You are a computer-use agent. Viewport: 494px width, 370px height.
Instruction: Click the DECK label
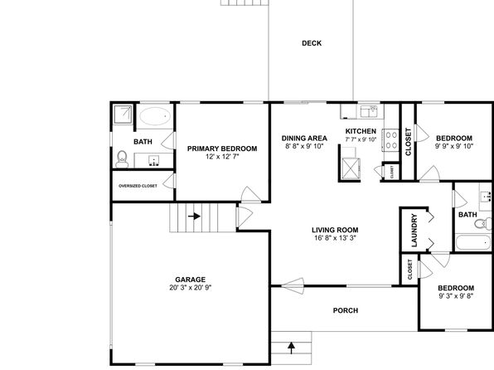[x=312, y=43]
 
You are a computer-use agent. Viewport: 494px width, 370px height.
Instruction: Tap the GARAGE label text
[x=191, y=280]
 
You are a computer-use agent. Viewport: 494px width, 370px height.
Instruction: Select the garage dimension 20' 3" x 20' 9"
[x=191, y=287]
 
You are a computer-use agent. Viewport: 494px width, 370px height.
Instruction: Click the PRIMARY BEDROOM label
[x=222, y=148]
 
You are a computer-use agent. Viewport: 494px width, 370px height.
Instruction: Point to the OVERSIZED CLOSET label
[x=138, y=186]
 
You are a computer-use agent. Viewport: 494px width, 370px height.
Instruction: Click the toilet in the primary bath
[x=122, y=159]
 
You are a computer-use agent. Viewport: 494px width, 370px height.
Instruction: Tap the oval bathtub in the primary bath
[x=155, y=116]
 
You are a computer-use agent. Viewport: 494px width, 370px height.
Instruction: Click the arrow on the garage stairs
[x=195, y=216]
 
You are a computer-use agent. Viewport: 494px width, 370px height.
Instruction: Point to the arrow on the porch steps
[x=292, y=348]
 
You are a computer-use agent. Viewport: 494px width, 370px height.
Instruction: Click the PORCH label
[x=346, y=310]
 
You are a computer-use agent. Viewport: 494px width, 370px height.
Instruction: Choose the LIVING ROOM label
[x=335, y=230]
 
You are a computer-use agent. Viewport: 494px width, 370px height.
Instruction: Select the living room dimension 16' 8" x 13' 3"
[x=335, y=238]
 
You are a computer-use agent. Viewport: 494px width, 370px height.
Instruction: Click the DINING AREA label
[x=304, y=139]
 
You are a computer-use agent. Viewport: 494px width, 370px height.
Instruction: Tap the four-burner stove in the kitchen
[x=391, y=140]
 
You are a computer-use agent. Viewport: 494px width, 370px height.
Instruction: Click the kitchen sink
[x=369, y=111]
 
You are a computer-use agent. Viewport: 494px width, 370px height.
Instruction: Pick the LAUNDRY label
[x=414, y=231]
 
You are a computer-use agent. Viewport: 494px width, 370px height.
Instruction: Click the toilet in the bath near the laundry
[x=482, y=223]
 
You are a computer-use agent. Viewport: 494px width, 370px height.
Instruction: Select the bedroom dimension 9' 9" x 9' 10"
[x=454, y=146]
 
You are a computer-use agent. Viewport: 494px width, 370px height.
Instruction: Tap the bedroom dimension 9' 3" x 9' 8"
[x=456, y=296]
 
